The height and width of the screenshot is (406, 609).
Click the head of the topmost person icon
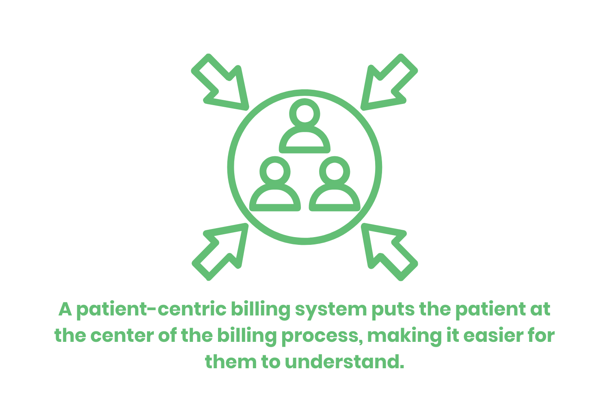304,112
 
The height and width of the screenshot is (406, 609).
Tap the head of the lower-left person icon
275,171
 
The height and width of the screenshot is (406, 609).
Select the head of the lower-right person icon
335,171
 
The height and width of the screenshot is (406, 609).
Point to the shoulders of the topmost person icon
304,140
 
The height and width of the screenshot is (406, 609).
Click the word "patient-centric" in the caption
151,310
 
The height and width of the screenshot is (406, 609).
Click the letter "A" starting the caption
65,310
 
